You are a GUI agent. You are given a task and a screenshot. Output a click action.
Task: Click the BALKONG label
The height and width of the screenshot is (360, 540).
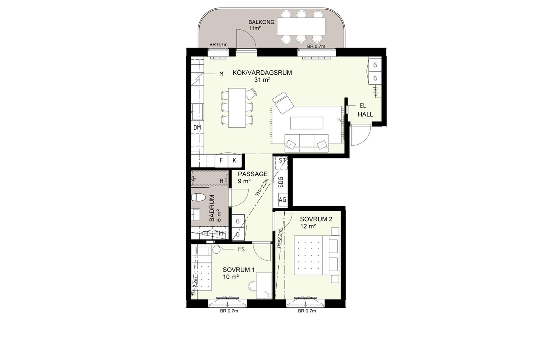pyautogui.click(x=261, y=22)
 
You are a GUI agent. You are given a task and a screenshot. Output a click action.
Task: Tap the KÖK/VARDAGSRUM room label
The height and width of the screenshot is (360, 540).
pyautogui.click(x=262, y=73)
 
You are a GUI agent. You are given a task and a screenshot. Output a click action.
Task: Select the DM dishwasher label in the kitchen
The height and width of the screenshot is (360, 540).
pyautogui.click(x=197, y=128)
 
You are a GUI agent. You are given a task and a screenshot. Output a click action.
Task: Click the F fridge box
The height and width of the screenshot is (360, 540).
pyautogui.click(x=221, y=160)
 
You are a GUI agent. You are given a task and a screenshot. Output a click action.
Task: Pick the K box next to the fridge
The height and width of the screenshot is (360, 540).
pyautogui.click(x=234, y=160)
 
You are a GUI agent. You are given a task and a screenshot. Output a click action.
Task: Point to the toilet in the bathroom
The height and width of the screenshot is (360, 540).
pyautogui.click(x=198, y=197)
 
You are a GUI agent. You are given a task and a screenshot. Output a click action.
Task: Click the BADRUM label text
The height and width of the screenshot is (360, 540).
pyautogui.click(x=212, y=208)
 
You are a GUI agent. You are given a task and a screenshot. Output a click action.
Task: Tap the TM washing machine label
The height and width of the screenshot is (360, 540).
pyautogui.click(x=219, y=233)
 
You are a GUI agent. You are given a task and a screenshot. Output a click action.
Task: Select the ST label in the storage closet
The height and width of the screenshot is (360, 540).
pyautogui.click(x=282, y=160)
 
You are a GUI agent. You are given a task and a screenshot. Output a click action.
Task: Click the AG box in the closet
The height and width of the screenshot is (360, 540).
pyautogui.click(x=283, y=200)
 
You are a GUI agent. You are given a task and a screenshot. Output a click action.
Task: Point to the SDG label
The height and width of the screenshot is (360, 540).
pyautogui.click(x=281, y=183)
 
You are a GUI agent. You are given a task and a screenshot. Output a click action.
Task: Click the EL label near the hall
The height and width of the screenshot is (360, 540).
pyautogui.click(x=363, y=106)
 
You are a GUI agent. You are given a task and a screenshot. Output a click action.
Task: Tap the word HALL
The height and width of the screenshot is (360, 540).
pyautogui.click(x=365, y=114)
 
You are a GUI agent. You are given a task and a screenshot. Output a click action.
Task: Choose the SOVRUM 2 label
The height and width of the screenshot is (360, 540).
pyautogui.click(x=316, y=219)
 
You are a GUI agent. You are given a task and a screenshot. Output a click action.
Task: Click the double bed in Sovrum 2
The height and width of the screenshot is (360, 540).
pyautogui.click(x=317, y=255)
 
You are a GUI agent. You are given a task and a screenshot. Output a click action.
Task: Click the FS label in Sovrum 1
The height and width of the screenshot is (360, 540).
pyautogui.click(x=241, y=249)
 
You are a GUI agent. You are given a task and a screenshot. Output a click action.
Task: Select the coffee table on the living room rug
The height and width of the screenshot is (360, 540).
pyautogui.click(x=307, y=123)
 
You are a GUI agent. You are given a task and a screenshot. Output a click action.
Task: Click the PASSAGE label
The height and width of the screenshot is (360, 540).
pyautogui.click(x=253, y=174)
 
